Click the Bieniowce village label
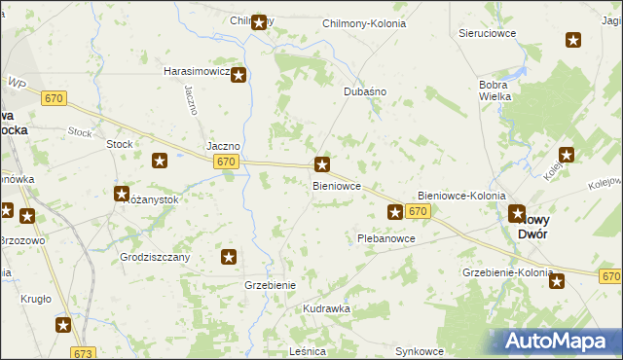(337, 184)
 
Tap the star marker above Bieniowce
(323, 165)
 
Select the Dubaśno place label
(366, 91)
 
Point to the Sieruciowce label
(487, 32)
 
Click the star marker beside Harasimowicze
(238, 74)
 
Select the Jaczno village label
(224, 146)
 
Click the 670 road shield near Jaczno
(226, 162)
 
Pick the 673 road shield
(84, 353)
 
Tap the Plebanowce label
(386, 237)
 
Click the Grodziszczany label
(155, 257)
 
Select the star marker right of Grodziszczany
(229, 257)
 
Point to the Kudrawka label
(326, 308)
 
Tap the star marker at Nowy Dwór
(517, 214)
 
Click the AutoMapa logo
(560, 341)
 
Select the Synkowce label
(420, 350)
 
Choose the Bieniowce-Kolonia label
(461, 196)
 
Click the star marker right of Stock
(161, 161)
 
